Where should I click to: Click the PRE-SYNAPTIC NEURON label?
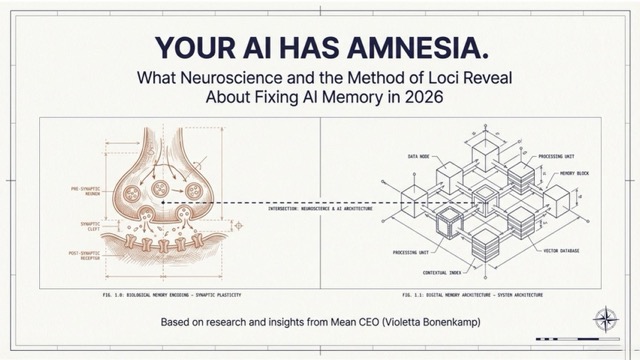tap(83, 189)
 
